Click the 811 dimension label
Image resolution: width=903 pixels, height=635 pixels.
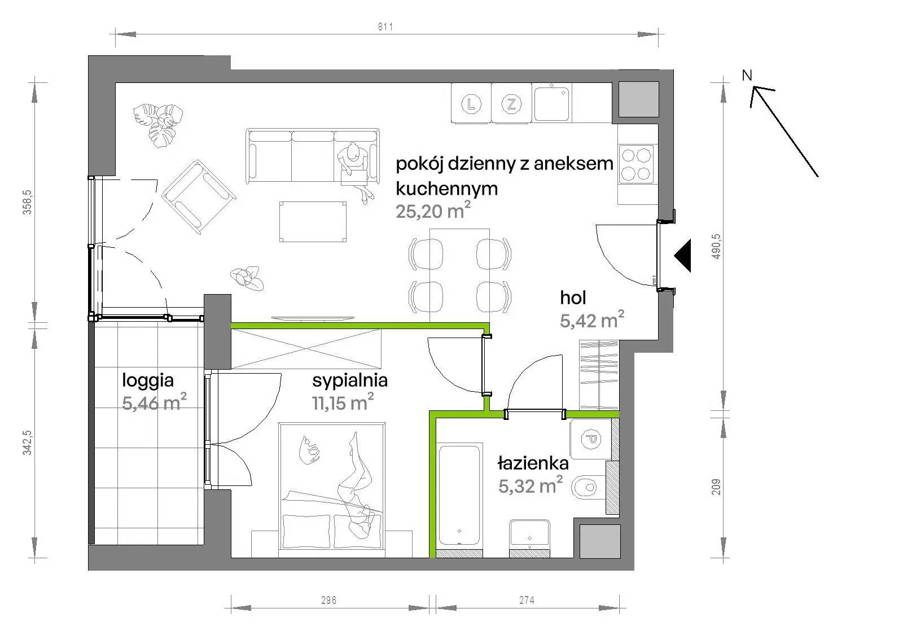tap(385, 27)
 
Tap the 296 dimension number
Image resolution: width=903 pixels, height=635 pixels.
tap(328, 600)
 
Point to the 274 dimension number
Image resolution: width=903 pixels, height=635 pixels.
tap(527, 600)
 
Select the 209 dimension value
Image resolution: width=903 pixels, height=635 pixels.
tap(716, 487)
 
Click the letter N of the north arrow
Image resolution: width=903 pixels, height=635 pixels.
tap(747, 76)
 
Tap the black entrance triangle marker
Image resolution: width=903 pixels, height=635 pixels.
tap(682, 255)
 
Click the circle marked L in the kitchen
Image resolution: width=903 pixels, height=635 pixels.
tap(471, 104)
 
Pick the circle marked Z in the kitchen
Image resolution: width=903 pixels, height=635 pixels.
tap(511, 104)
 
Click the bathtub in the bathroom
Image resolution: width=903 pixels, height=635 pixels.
tap(459, 495)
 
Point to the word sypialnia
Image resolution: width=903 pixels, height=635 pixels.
tap(350, 380)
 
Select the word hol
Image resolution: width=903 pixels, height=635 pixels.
tap(573, 297)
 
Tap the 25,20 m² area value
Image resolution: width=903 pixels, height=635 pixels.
tap(433, 211)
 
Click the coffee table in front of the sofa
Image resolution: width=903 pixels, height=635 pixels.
tap(313, 222)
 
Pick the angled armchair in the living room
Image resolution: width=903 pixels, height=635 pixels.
tap(199, 197)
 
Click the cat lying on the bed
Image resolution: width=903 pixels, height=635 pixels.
tap(309, 449)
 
